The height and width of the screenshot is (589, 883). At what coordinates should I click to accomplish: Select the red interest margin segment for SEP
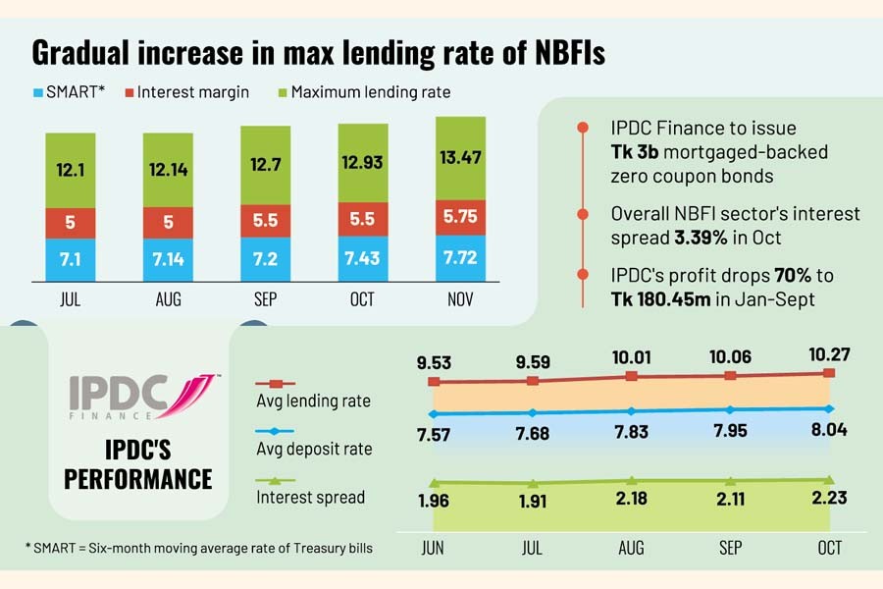(x=265, y=222)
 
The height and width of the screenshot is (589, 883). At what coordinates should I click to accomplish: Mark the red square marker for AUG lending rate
(x=633, y=376)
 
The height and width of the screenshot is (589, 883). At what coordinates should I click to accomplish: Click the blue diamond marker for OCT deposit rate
(x=830, y=408)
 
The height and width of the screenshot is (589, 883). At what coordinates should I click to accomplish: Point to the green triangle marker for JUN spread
(x=433, y=482)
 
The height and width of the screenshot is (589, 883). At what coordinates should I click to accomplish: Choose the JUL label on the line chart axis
(x=533, y=548)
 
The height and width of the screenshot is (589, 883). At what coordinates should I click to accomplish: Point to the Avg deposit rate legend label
(x=314, y=449)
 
